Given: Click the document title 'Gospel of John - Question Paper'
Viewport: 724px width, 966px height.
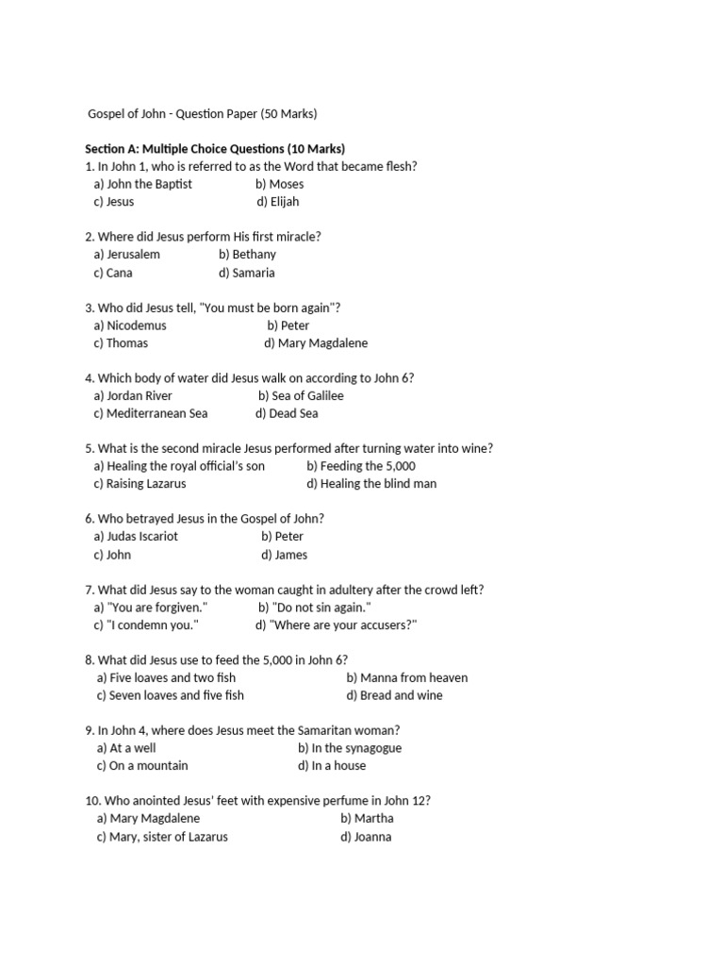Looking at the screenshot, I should coord(203,114).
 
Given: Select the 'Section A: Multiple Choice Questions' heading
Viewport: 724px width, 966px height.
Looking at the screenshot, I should coord(215,149).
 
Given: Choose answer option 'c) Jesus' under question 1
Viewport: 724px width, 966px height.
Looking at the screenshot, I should coord(114,202).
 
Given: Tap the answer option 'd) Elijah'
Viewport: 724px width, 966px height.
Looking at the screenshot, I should coord(277,202).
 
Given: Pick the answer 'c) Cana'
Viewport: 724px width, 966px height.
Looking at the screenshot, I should coord(113,273).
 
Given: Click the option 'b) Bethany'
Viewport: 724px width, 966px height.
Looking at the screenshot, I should coord(247,255).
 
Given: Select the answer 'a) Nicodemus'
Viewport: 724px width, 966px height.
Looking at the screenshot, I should coord(130,325).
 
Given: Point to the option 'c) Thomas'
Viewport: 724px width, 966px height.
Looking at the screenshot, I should coord(121,343).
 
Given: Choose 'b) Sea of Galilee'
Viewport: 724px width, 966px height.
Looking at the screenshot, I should coord(301,396).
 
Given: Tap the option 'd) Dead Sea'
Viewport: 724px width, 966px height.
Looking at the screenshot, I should coord(287,413).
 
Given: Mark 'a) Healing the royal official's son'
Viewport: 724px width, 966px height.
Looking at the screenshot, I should coord(179,466).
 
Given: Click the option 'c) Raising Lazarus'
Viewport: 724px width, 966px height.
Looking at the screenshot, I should coord(140,484).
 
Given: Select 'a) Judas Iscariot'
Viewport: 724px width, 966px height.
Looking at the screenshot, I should coord(136,537).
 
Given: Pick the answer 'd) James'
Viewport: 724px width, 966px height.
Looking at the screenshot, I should coord(285,555).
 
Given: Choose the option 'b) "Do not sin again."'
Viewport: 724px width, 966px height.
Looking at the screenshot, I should coord(315,608).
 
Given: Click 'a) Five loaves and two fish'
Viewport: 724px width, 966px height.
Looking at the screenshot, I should coord(166,677).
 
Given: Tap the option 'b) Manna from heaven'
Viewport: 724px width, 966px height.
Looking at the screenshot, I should coord(406,677).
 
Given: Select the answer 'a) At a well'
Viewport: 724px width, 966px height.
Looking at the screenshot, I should coord(126,748).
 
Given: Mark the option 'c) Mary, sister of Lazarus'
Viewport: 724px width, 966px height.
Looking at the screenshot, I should coord(162,837).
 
